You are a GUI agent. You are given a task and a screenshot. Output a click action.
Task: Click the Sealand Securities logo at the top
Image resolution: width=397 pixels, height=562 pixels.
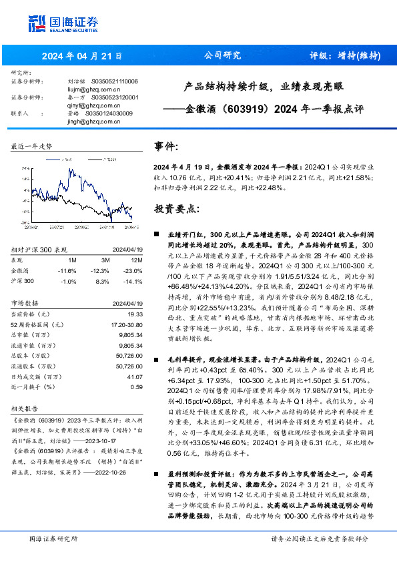pyautogui.click(x=55, y=24)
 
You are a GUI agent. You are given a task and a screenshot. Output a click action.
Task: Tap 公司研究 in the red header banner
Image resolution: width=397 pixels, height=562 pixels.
pyautogui.click(x=222, y=56)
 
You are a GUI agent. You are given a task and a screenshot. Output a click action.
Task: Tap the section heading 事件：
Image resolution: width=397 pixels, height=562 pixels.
pyautogui.click(x=167, y=146)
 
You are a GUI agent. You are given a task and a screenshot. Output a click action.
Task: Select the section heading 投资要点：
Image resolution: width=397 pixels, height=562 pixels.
pyautogui.click(x=176, y=208)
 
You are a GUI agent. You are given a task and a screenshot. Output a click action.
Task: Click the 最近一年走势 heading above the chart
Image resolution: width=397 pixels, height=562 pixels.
pyautogui.click(x=31, y=146)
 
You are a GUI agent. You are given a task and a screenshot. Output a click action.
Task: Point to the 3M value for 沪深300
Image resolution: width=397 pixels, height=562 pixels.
pyautogui.click(x=101, y=282)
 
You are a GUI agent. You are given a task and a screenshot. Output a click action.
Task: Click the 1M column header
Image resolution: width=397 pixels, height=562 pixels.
pyautogui.click(x=73, y=260)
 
